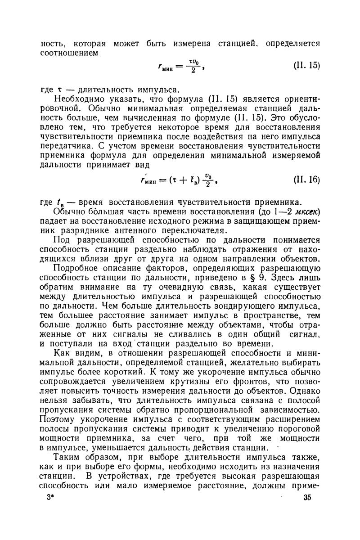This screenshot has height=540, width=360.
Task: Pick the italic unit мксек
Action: tap(305, 212)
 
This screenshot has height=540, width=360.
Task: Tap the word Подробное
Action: tap(75, 269)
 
